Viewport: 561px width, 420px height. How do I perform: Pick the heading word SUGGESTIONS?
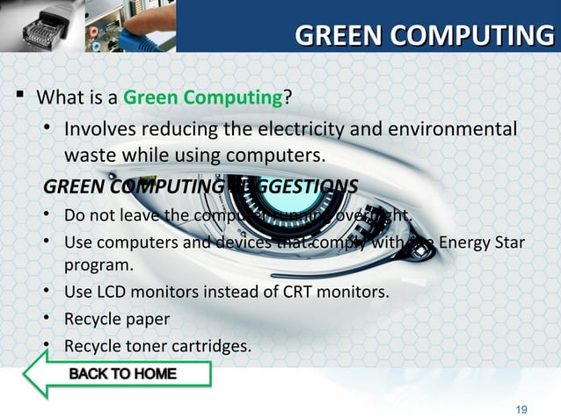tap(291, 187)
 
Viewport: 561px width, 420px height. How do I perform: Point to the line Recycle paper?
tap(116, 318)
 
